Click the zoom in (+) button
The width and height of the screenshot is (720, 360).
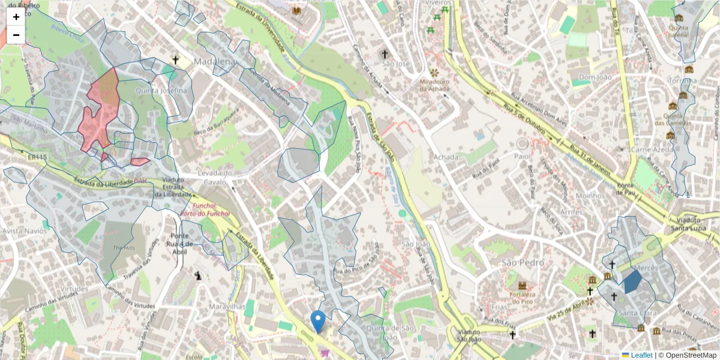tap(16, 17)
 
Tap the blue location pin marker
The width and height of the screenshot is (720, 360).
tap(319, 321)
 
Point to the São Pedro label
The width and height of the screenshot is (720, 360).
tap(523, 263)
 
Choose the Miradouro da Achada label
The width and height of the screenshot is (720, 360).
tap(434, 85)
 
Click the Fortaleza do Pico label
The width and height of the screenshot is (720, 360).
tap(521, 298)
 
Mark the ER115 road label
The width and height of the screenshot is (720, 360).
tap(36, 157)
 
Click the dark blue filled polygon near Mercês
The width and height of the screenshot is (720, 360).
tap(632, 281)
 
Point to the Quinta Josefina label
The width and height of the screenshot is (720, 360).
tap(161, 91)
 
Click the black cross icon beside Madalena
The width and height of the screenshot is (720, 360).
tap(176, 59)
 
